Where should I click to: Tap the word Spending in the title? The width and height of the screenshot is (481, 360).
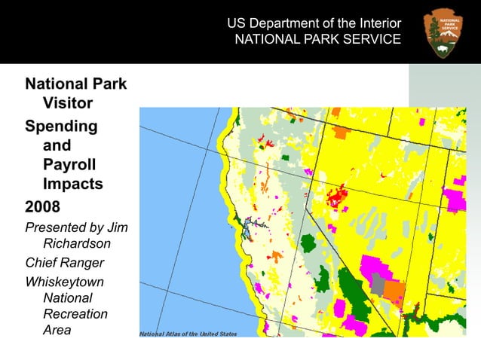click(61, 126)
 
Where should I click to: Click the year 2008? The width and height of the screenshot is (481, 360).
click(44, 206)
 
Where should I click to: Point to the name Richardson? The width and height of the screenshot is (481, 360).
click(77, 243)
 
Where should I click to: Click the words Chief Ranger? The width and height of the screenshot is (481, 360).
click(65, 263)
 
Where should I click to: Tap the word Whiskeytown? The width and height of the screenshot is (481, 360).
click(65, 282)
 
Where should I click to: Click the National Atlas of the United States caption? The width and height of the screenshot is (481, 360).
click(188, 333)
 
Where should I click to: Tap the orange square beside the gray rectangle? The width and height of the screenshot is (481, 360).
click(394, 290)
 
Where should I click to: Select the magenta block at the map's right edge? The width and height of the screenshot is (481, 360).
click(455, 199)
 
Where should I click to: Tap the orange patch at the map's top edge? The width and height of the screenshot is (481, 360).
click(342, 132)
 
